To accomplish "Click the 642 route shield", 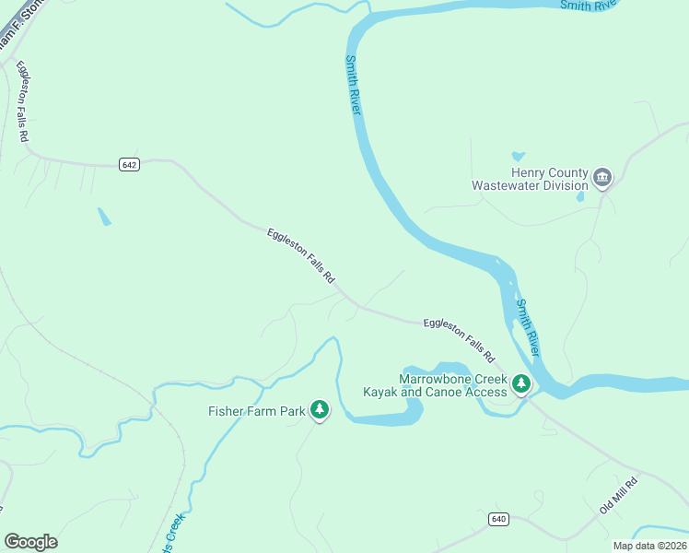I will (129, 164).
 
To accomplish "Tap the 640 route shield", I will (499, 519).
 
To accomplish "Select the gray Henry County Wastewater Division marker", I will (602, 177).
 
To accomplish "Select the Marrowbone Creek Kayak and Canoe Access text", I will (452, 386).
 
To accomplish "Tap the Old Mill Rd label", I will (618, 496).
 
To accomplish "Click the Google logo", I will (30, 542).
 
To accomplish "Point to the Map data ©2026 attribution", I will (648, 545).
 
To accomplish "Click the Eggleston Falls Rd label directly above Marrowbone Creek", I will (460, 339).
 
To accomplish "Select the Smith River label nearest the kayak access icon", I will (528, 328).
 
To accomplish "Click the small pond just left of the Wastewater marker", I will (580, 195).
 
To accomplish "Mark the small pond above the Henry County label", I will (518, 157).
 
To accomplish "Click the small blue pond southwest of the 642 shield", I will (104, 217).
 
